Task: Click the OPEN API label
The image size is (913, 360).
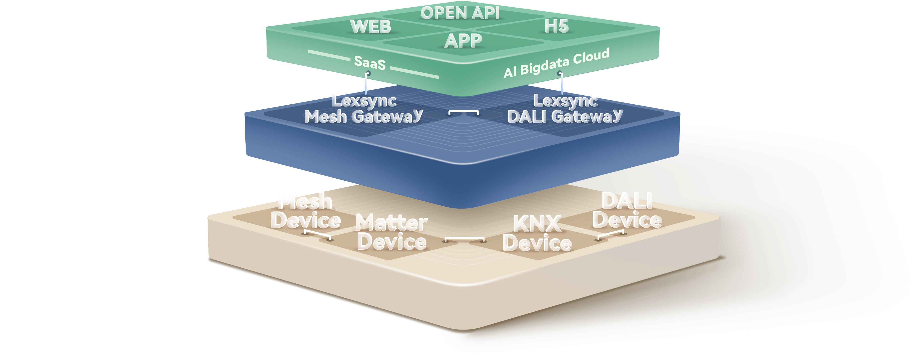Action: tap(460, 14)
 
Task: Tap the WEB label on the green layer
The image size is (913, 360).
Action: tap(371, 27)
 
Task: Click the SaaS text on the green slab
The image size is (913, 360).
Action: tap(370, 63)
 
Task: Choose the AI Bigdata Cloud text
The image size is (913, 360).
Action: tap(556, 63)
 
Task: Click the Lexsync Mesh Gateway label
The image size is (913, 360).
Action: tap(364, 109)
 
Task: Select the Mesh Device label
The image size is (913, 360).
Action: tap(306, 211)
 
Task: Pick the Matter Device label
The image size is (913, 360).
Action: tap(392, 232)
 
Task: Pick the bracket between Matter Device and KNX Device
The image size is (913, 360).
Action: tap(465, 238)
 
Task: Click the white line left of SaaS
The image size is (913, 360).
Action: tap(329, 55)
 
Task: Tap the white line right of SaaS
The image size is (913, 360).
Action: tap(415, 72)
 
